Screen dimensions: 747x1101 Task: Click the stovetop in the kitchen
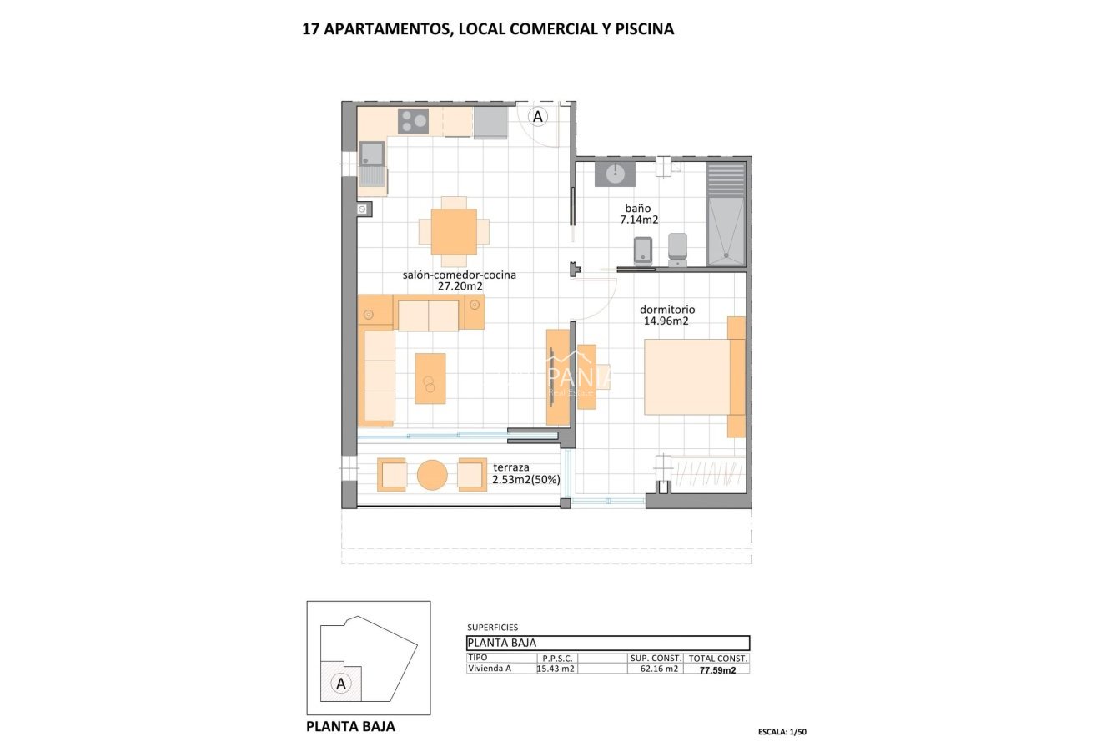point(413,121)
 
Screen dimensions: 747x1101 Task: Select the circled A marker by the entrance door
point(538,117)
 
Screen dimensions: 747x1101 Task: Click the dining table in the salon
point(454,231)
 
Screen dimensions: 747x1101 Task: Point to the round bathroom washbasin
point(615,174)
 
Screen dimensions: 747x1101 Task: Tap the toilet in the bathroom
point(677,248)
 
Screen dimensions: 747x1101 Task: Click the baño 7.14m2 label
point(639,215)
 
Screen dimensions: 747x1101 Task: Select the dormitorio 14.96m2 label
point(666,315)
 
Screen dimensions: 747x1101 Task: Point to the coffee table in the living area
point(430,378)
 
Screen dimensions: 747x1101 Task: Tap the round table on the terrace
point(432,475)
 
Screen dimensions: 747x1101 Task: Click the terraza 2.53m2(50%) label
point(525,473)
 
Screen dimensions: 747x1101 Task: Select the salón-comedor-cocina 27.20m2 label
point(460,280)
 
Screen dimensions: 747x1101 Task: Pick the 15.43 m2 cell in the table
point(556,669)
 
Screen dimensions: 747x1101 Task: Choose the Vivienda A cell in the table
point(490,669)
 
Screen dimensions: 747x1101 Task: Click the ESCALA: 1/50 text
point(783,731)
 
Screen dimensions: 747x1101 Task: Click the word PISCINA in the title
point(644,29)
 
